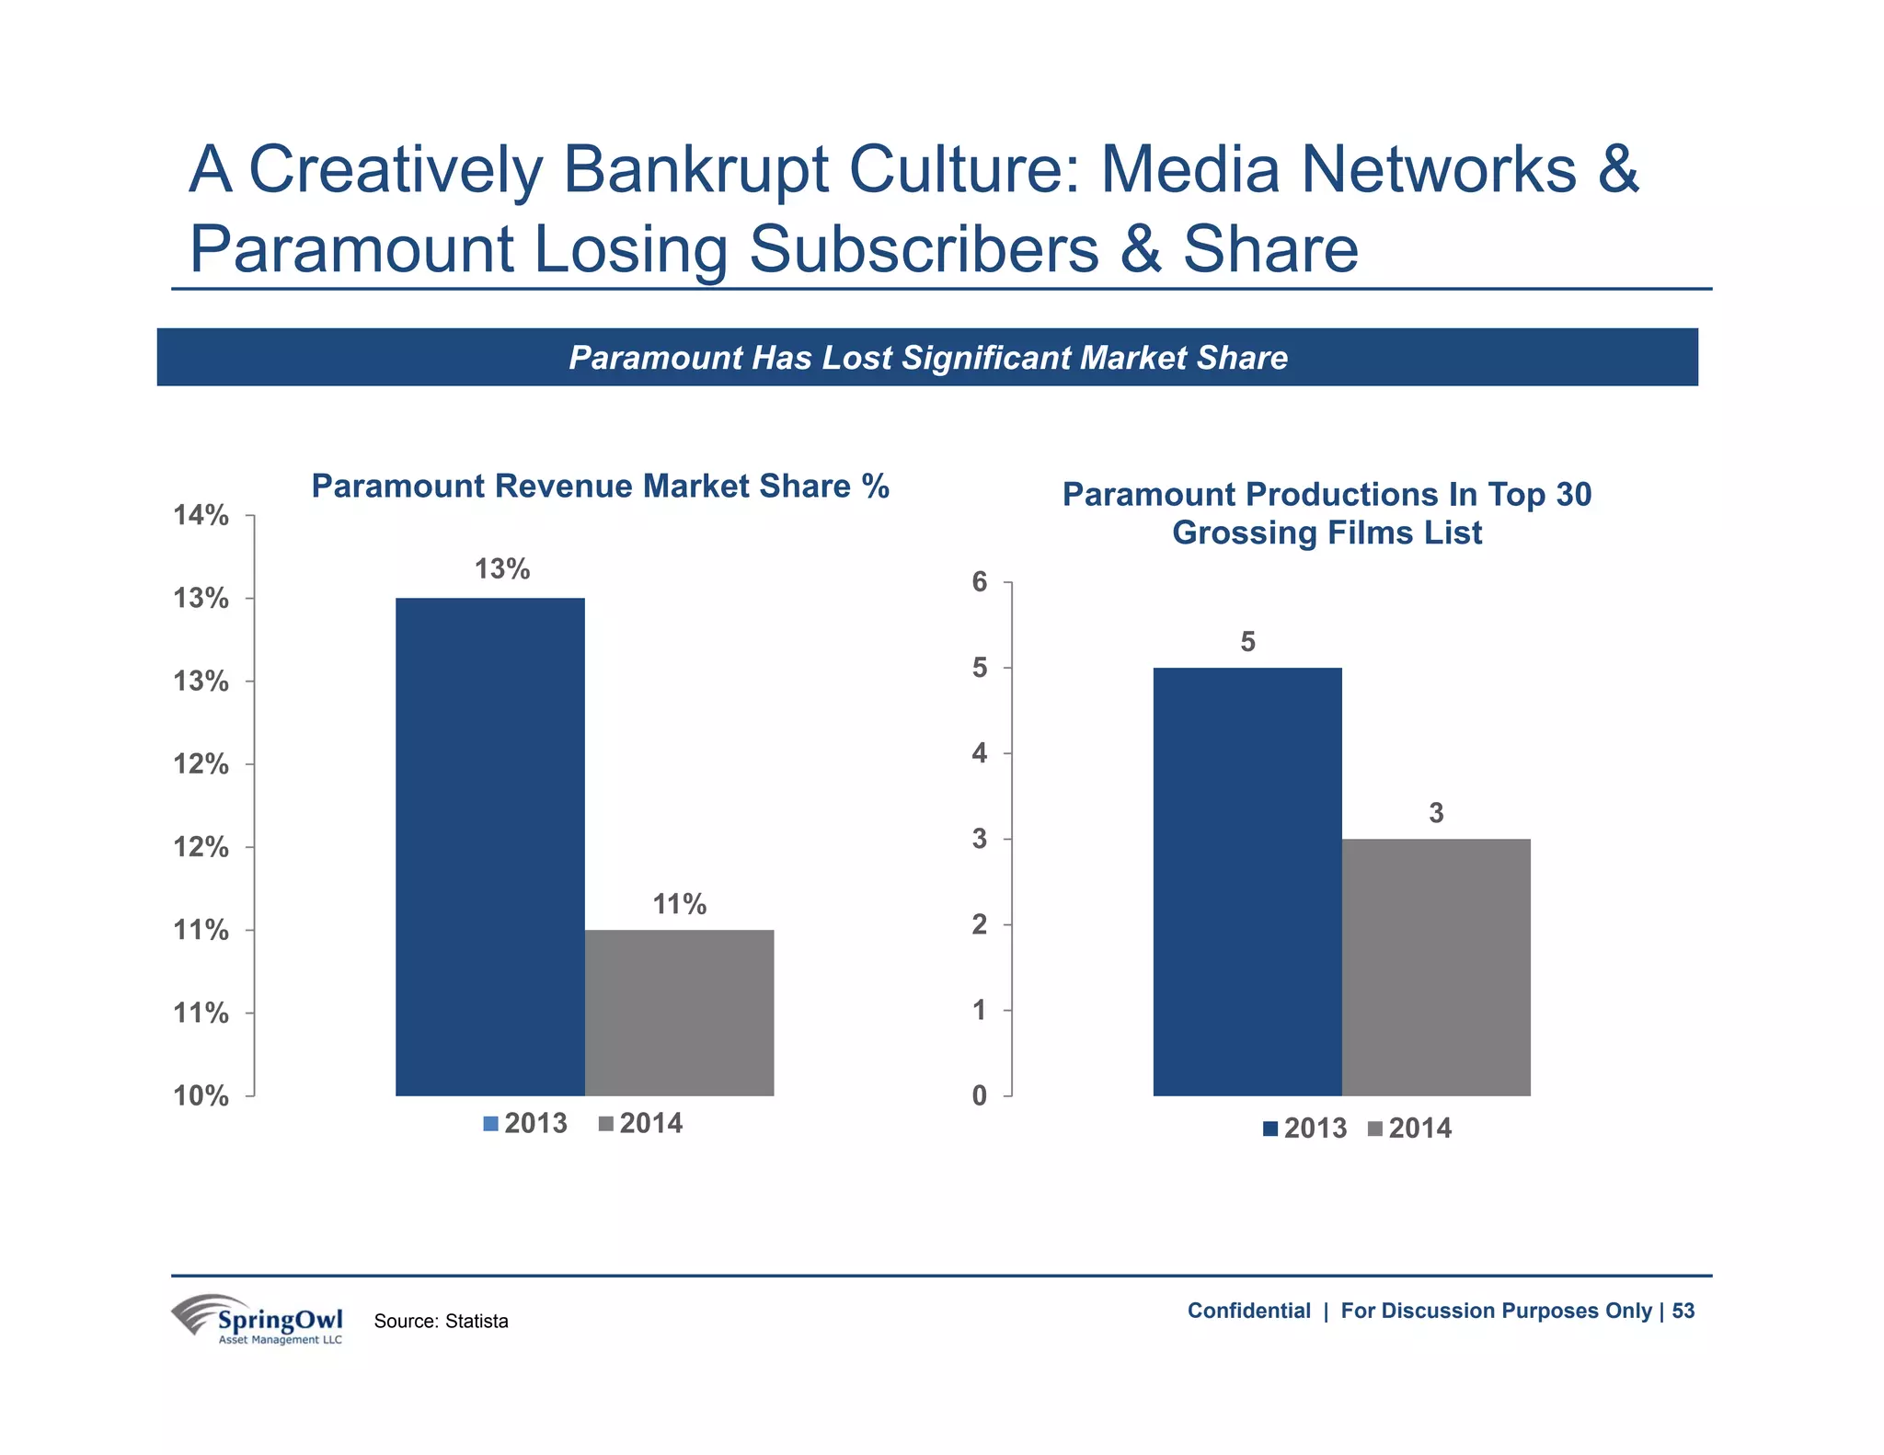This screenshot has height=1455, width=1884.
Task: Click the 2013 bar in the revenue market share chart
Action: tap(489, 846)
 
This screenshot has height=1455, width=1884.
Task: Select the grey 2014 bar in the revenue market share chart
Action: tap(679, 1012)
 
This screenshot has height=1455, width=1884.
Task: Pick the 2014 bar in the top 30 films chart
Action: tap(1435, 966)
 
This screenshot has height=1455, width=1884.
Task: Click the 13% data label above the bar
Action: tap(501, 569)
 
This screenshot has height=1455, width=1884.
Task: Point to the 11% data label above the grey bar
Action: tap(679, 904)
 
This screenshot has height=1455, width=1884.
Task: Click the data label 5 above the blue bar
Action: tap(1247, 641)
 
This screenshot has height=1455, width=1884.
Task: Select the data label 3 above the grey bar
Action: tap(1436, 813)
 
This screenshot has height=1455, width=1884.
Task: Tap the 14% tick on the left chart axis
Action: tap(201, 515)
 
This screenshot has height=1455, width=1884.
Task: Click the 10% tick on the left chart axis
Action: tap(201, 1095)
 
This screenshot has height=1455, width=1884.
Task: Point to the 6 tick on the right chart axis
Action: tap(980, 581)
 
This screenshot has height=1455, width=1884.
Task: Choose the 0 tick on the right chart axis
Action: tap(980, 1095)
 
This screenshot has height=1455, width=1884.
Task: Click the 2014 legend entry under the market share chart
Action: tap(641, 1123)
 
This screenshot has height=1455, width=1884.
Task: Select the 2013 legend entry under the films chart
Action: tap(1304, 1128)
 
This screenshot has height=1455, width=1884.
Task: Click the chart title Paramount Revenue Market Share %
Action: tap(600, 486)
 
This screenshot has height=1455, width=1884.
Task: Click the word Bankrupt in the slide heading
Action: tap(695, 169)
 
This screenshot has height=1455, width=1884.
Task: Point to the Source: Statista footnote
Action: tap(441, 1321)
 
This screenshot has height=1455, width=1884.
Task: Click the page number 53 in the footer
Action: tap(1683, 1311)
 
